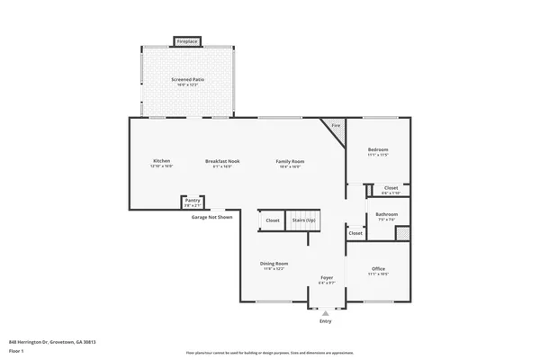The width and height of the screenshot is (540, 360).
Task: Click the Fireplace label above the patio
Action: (x=187, y=41)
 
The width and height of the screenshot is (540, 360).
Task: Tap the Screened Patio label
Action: (x=187, y=80)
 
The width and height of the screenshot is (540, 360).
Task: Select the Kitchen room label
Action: (x=161, y=161)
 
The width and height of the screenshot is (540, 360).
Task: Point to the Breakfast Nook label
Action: (x=221, y=161)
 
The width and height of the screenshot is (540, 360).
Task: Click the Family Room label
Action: (x=290, y=161)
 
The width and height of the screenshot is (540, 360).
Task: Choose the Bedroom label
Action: (x=378, y=149)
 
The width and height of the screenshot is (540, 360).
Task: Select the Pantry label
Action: (x=192, y=201)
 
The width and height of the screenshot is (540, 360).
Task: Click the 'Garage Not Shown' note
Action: (x=211, y=217)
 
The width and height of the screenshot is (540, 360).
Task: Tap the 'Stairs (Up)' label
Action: (x=303, y=220)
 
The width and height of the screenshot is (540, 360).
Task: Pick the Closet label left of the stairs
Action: (x=272, y=220)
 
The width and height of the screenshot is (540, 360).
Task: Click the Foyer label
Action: (x=327, y=278)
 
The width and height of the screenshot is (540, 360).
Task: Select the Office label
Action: (x=378, y=269)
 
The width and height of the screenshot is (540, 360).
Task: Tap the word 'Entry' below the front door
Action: (x=325, y=321)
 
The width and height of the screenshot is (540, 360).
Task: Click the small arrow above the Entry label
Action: (x=325, y=314)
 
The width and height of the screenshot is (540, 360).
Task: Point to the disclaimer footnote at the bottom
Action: (x=269, y=354)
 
